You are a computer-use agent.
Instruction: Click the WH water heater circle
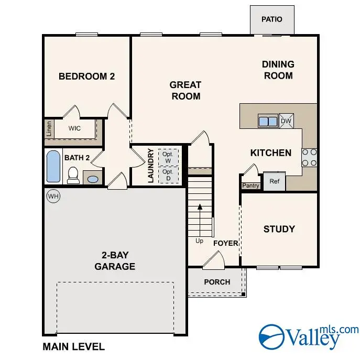click(x=53, y=196)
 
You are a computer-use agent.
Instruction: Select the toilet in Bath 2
click(x=73, y=175)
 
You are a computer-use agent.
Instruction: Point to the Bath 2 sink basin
click(x=92, y=179)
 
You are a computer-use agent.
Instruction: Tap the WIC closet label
click(x=75, y=127)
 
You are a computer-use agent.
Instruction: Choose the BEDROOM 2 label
click(x=86, y=77)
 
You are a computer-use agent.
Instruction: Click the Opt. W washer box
click(x=168, y=157)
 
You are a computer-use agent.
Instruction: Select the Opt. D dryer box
click(x=168, y=174)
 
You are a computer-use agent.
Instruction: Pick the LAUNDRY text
click(x=150, y=166)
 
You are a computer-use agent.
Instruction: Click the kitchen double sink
click(x=268, y=121)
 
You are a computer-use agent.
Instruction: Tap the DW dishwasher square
click(x=286, y=121)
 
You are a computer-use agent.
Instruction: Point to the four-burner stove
click(x=309, y=157)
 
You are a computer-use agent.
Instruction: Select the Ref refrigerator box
click(x=274, y=181)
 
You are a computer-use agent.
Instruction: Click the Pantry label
click(x=250, y=186)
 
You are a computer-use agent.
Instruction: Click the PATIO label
click(x=271, y=19)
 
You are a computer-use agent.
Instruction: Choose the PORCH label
click(x=217, y=282)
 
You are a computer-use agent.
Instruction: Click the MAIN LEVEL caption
click(x=73, y=346)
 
